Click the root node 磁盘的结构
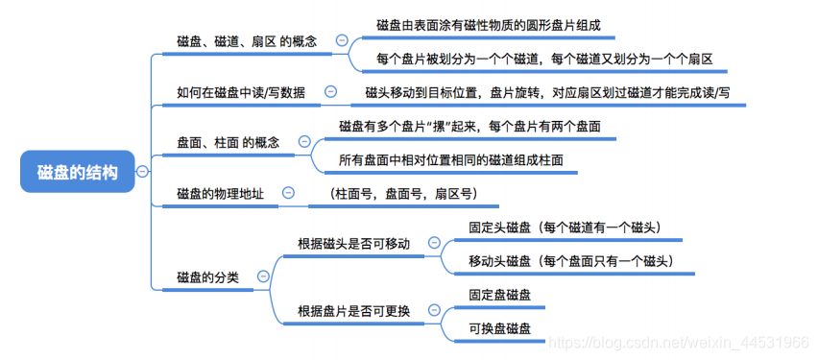click(78, 173)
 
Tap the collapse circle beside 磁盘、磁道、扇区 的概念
click(342, 40)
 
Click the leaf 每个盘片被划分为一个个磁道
click(544, 59)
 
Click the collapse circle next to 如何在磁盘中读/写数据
click(331, 92)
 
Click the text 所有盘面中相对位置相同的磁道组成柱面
click(450, 159)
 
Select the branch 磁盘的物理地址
click(221, 193)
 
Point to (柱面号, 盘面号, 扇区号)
click(400, 194)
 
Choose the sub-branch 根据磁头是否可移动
click(353, 244)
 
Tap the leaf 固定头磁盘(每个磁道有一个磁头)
click(564, 228)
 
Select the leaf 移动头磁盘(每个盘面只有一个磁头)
click(569, 261)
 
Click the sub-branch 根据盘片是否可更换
click(353, 311)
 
